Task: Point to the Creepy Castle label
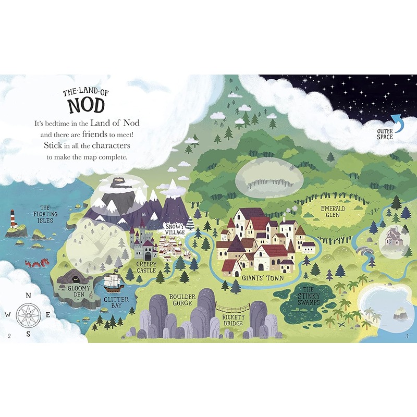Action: (x=146, y=267)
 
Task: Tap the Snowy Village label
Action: (x=175, y=230)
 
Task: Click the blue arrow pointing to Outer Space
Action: (x=397, y=122)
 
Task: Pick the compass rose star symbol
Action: (x=28, y=314)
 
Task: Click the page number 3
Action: (x=406, y=335)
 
